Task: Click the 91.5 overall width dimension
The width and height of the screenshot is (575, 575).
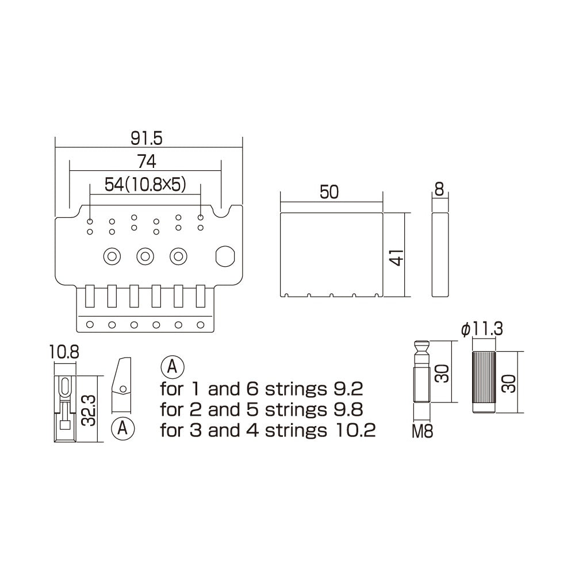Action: (x=148, y=138)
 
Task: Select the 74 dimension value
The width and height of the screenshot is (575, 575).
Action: (x=146, y=161)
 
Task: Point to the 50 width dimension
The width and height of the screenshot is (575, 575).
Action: (x=329, y=193)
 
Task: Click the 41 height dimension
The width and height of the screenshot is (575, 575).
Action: (x=396, y=255)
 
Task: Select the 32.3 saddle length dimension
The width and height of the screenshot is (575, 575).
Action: (x=88, y=409)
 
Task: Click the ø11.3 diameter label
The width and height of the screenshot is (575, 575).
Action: (x=482, y=329)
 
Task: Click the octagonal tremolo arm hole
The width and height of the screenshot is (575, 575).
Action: (x=224, y=256)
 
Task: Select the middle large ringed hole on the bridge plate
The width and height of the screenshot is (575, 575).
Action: (x=145, y=256)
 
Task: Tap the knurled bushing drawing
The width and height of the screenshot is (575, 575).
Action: (x=484, y=381)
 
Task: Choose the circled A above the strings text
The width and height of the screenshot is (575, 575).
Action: (x=173, y=365)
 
